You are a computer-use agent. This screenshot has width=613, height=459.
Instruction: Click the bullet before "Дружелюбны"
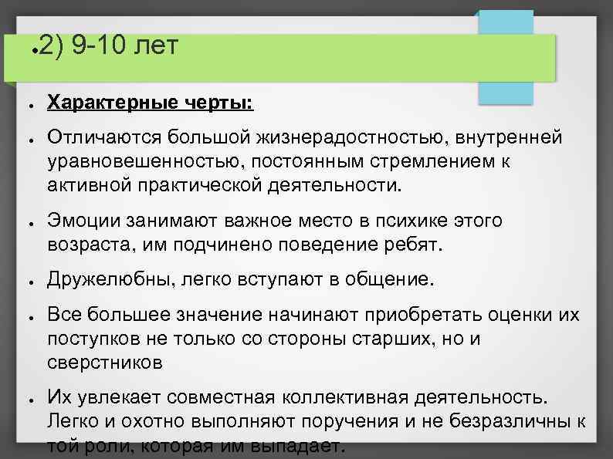pyautogui.click(x=27, y=278)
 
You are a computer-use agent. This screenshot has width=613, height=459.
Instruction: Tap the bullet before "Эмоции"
pyautogui.click(x=27, y=222)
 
